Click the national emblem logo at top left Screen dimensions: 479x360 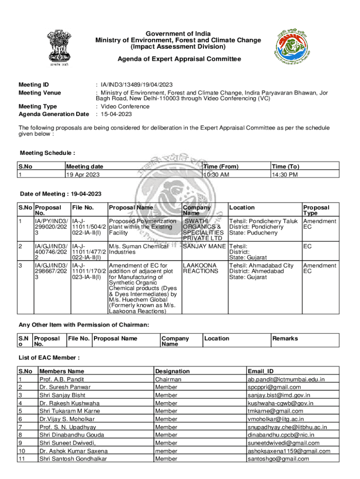[58, 51]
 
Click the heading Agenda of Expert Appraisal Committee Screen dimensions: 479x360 [179, 59]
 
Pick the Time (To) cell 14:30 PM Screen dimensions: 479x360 [285, 174]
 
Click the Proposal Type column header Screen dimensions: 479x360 [316, 210]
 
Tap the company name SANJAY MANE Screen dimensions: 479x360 [204, 246]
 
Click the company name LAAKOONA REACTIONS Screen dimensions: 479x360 [201, 268]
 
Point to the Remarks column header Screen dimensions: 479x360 [285, 338]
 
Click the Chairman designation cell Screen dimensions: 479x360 [168, 379]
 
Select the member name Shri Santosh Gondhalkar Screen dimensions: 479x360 [73, 459]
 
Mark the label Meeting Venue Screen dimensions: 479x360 [40, 93]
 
